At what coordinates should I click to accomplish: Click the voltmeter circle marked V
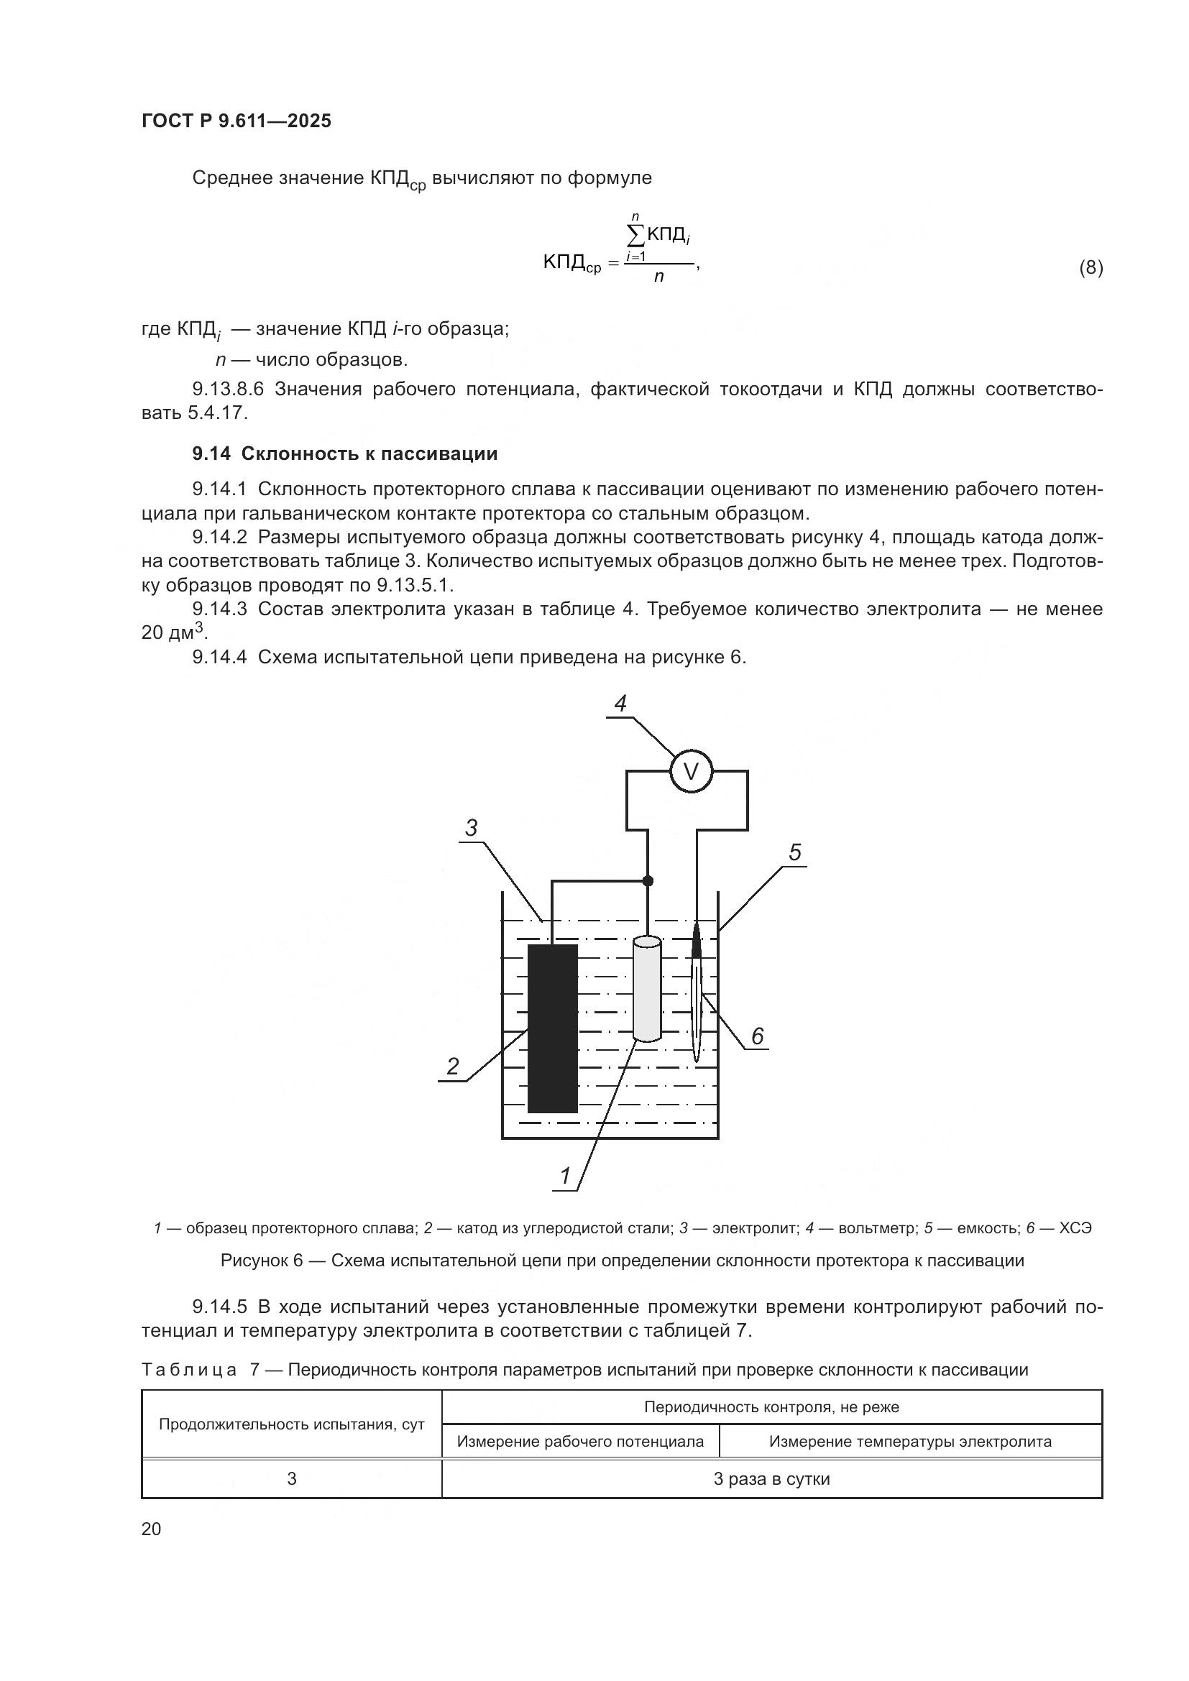(691, 771)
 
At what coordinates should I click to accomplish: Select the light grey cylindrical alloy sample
(647, 987)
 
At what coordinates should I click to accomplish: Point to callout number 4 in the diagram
(620, 704)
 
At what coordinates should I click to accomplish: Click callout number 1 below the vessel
(565, 1176)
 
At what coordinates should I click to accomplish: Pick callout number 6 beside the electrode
(757, 1036)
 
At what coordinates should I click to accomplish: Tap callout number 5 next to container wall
(795, 852)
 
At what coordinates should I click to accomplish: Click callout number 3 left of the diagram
(472, 828)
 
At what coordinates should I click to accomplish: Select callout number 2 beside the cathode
(452, 1066)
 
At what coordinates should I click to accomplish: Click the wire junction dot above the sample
(647, 881)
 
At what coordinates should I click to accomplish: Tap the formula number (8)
(1091, 268)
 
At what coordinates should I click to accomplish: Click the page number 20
(151, 1529)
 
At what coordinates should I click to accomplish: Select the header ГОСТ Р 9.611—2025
(237, 121)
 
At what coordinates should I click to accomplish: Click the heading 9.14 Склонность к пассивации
(345, 454)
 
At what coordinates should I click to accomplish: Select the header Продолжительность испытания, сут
(291, 1424)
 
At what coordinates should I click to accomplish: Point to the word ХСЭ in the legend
(1075, 1228)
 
